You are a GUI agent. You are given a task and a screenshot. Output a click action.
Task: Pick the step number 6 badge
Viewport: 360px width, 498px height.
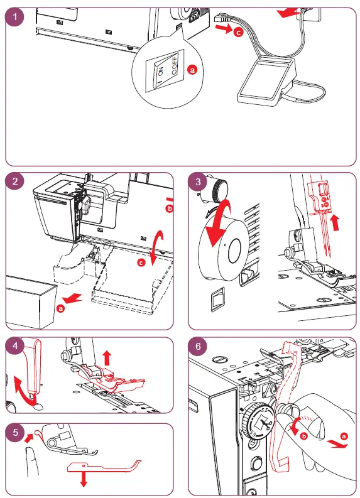198,346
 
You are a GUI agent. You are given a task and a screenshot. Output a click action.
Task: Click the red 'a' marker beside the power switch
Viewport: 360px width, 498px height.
193,70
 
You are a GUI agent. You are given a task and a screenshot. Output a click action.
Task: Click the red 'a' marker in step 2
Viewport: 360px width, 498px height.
61,308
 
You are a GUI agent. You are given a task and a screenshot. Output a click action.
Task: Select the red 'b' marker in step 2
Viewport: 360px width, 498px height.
169,208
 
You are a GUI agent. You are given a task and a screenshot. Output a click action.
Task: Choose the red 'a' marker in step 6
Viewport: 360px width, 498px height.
343,435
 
